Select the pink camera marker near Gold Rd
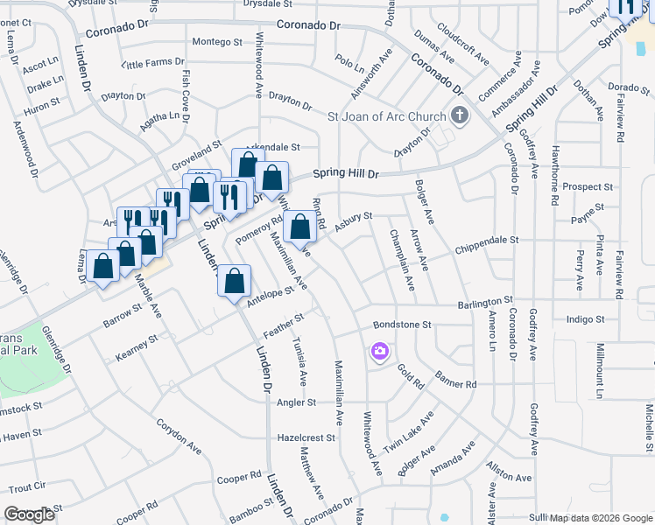pos(379,352)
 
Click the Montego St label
pos(216,42)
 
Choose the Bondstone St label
pos(403,324)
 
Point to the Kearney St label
pos(137,347)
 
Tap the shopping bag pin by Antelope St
pos(235,282)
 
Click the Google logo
pos(29,514)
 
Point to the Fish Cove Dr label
pos(187,96)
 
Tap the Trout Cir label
pos(27,486)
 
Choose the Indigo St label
pos(586,320)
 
